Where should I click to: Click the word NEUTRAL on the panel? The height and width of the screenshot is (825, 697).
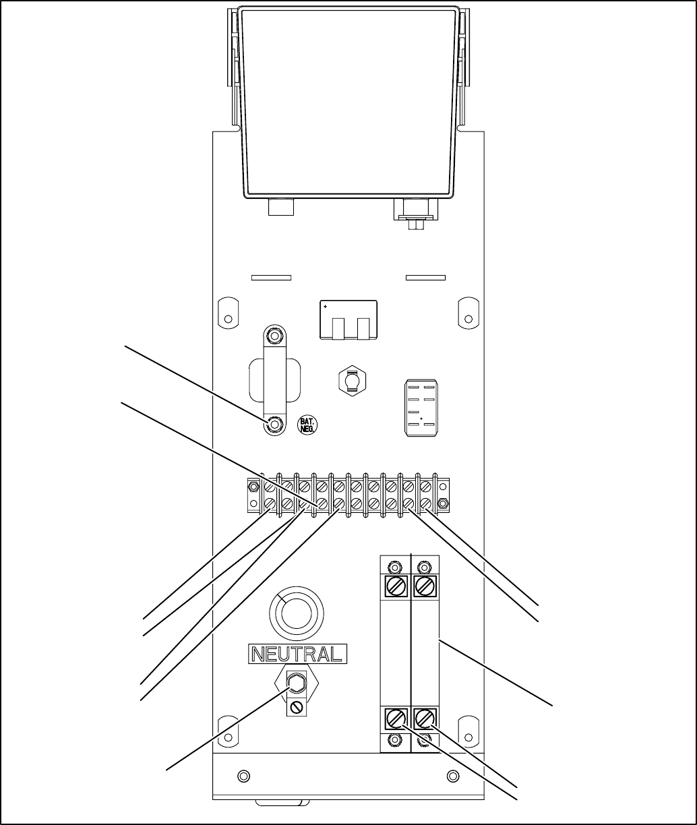(x=298, y=653)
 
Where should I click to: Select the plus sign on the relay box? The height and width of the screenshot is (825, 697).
(x=326, y=307)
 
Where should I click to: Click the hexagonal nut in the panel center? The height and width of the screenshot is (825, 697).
(x=351, y=381)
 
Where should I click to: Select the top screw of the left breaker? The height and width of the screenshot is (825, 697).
(x=396, y=586)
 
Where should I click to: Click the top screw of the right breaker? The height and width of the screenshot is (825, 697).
(x=425, y=586)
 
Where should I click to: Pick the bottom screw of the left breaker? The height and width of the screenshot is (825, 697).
(x=396, y=718)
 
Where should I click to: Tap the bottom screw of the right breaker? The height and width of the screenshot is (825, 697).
(x=425, y=718)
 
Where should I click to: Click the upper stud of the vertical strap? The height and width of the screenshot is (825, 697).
(x=274, y=335)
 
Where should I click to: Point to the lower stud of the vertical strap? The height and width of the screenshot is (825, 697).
(x=274, y=425)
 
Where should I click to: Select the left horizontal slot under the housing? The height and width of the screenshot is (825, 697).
(x=270, y=277)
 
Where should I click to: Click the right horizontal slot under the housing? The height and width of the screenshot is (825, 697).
(x=425, y=277)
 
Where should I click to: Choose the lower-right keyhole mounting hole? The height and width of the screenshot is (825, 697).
(x=467, y=732)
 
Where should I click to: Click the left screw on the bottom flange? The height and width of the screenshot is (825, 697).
(x=244, y=774)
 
